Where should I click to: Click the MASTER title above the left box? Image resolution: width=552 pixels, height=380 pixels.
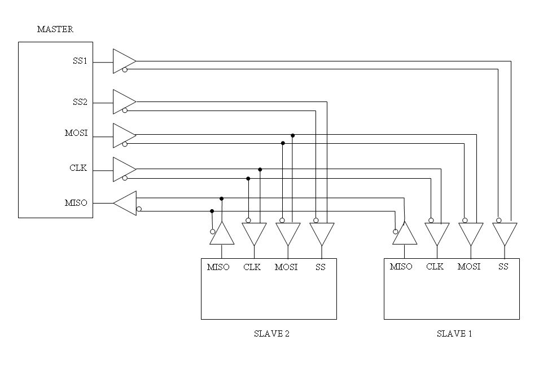pos(55,29)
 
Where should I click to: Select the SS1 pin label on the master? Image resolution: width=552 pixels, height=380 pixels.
pos(80,61)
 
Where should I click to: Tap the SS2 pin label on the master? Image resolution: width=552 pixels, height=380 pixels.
pos(80,103)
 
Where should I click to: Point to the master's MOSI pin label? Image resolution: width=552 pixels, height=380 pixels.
pos(76,134)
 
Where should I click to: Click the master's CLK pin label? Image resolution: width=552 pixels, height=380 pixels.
pos(78,168)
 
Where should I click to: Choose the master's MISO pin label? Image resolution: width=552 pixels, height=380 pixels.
pos(76,203)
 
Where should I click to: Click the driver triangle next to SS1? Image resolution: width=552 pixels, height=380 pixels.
pos(123,61)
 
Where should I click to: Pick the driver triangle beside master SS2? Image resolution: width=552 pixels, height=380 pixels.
pos(123,101)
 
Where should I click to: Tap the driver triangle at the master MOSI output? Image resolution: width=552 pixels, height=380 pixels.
pos(123,135)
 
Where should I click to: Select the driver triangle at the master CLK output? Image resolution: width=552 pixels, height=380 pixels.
pos(123,169)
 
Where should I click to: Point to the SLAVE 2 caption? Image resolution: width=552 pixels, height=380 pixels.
pos(271,334)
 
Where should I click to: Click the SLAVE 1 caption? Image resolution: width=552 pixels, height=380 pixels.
pos(454,334)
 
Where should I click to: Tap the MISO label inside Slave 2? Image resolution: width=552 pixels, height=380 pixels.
pos(218,267)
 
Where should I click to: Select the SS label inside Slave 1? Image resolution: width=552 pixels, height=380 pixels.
pos(503,267)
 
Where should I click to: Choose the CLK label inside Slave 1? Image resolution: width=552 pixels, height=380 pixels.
pos(435,267)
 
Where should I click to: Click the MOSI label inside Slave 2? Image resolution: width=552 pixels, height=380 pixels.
pos(286,267)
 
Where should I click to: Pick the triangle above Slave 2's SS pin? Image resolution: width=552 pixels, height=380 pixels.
pos(322,233)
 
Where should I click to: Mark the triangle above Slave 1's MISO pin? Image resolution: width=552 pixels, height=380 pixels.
pos(405,235)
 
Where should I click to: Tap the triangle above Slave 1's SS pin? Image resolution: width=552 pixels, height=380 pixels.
pos(505,233)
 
